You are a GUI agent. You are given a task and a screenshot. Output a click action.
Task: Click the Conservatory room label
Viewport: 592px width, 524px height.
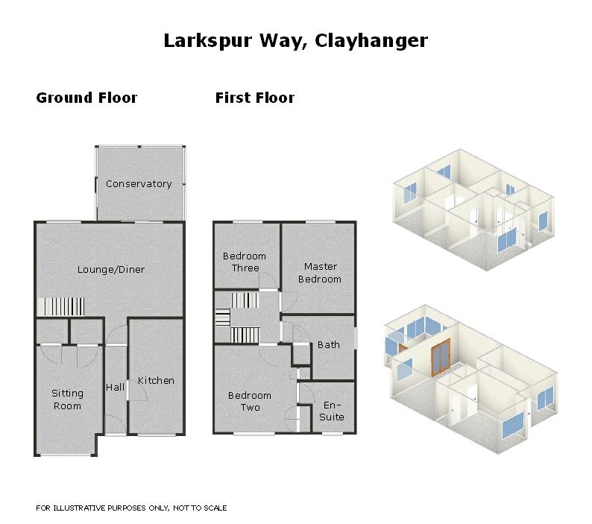coord(139,184)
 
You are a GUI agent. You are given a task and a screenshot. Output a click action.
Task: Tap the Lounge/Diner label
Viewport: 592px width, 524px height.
coord(111,270)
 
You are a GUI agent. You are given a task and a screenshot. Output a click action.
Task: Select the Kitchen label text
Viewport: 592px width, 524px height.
coord(156,381)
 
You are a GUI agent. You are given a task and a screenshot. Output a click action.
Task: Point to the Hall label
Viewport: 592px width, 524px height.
coord(115,387)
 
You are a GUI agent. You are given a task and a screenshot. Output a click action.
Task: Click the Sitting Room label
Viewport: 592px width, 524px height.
coord(67,400)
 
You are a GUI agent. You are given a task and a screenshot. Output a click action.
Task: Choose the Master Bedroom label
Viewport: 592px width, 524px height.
coord(320,273)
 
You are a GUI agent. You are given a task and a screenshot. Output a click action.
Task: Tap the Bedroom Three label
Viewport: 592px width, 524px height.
coord(245,262)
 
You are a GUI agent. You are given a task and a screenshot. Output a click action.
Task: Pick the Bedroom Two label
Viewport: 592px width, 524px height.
coord(250,401)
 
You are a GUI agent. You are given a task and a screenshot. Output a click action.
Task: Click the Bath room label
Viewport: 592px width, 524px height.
coord(329,344)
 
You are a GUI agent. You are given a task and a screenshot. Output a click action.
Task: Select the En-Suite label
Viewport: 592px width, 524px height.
coord(332,411)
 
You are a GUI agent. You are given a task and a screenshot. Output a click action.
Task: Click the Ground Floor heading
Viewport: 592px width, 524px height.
coord(86,98)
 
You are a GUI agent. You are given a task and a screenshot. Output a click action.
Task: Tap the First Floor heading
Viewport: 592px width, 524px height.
coord(255,98)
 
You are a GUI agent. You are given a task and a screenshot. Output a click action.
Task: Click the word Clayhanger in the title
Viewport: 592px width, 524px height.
coord(371,41)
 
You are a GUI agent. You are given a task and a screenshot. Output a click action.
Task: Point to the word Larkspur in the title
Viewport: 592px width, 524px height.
coord(209,41)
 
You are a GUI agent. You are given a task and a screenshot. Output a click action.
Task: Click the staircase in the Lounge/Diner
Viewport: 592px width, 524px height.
coord(61,306)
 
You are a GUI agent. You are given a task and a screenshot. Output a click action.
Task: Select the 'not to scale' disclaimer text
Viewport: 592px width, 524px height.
coord(131,508)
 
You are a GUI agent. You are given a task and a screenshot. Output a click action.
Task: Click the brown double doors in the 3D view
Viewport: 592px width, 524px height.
coord(441,357)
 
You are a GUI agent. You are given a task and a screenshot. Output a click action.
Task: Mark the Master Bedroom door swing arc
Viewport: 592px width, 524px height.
coord(289,302)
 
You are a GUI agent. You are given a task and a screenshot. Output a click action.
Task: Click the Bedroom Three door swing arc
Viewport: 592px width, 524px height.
coord(268,280)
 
